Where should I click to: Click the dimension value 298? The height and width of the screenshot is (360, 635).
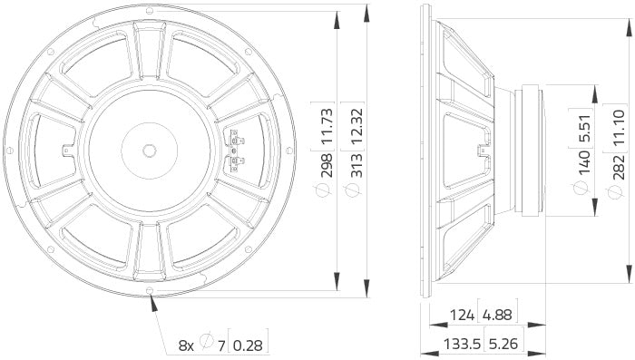tap(327, 163)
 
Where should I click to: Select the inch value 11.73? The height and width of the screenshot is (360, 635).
tap(327, 115)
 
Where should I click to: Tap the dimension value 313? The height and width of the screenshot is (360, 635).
tap(357, 163)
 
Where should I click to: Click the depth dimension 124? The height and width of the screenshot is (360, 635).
tap(461, 316)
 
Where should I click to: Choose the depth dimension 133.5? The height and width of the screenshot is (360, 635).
tap(455, 344)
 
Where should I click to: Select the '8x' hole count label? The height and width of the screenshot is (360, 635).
tap(186, 345)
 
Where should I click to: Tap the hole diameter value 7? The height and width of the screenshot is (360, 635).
tap(220, 345)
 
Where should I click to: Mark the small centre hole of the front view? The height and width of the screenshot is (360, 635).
tap(149, 147)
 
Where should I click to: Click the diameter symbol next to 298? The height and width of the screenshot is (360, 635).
tap(327, 191)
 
